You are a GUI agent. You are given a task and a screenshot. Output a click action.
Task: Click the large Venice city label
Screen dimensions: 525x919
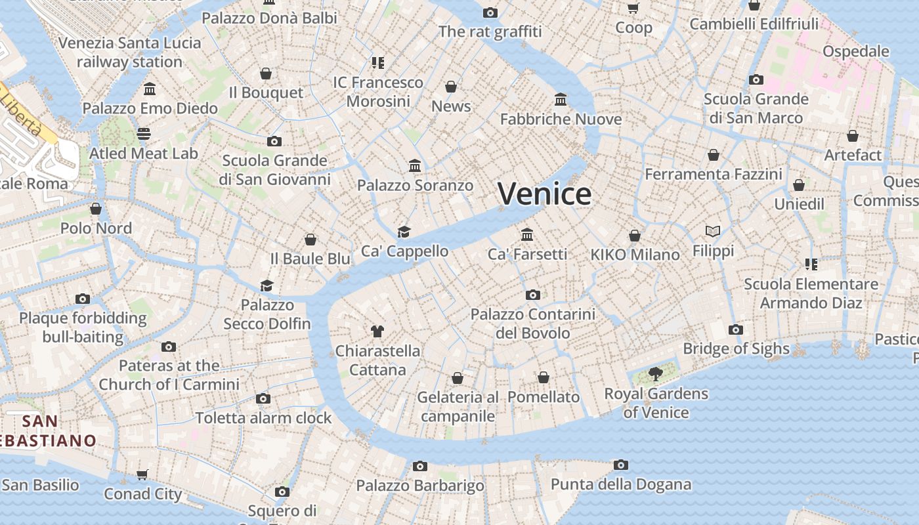[544, 194]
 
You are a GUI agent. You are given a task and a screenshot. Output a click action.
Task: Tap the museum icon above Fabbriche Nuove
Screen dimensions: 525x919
[561, 100]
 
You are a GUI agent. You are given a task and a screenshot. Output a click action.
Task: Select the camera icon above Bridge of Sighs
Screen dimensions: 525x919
[736, 329]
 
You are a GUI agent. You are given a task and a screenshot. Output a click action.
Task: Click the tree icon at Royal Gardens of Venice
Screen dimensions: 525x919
[655, 374]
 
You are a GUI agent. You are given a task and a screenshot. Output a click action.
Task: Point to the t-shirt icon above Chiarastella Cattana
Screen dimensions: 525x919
[377, 331]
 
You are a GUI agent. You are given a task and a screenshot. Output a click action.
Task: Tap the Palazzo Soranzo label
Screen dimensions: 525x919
[415, 185]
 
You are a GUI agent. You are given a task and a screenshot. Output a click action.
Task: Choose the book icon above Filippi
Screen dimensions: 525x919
[713, 231]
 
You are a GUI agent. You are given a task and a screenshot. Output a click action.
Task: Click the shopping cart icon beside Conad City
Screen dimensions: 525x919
[142, 474]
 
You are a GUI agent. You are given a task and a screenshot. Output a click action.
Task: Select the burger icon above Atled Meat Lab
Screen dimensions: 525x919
[144, 134]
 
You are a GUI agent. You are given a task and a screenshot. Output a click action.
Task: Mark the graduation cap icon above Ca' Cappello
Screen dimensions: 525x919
[404, 232]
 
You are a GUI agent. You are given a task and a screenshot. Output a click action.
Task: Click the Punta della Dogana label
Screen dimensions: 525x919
[620, 484]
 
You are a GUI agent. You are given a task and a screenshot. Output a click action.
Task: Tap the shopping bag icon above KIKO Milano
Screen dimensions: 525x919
[635, 236]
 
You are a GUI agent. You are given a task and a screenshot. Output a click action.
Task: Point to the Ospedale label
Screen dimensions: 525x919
[855, 51]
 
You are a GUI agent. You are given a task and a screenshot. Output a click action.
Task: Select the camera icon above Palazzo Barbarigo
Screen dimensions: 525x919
[420, 466]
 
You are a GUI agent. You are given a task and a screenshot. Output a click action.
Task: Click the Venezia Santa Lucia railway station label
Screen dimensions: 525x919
[129, 52]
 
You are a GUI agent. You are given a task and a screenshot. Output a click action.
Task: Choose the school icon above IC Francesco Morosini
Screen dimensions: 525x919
[377, 63]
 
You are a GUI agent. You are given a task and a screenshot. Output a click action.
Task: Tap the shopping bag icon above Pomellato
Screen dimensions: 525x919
[544, 377]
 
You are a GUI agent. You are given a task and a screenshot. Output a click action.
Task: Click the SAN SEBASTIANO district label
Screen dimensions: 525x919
[46, 430]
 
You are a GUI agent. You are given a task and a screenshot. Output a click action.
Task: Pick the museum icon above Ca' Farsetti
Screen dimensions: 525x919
[527, 234]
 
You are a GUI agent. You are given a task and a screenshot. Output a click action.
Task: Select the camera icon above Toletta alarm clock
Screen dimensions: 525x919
[263, 398]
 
